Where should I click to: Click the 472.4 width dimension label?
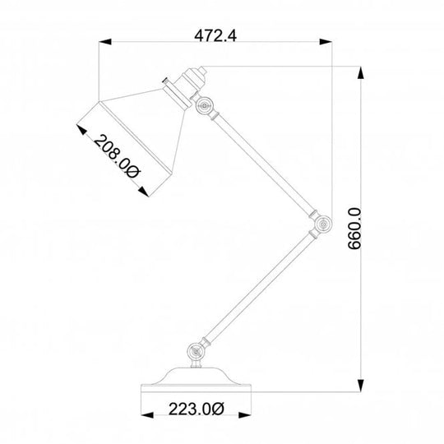[215, 36]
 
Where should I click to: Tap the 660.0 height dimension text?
[354, 229]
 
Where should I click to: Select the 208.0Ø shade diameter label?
[117, 156]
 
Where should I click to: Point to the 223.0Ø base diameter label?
[197, 409]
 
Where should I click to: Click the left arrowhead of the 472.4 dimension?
[105, 42]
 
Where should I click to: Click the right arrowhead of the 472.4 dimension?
[326, 42]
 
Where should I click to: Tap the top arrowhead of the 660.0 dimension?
[360, 72]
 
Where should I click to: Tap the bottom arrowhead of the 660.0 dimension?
[360, 386]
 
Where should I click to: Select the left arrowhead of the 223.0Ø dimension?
[147, 415]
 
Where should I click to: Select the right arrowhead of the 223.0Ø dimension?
[245, 415]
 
